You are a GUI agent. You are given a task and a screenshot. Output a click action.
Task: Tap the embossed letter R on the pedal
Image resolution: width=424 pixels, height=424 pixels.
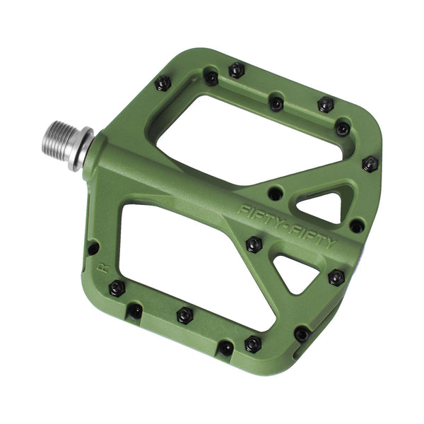(x=103, y=268)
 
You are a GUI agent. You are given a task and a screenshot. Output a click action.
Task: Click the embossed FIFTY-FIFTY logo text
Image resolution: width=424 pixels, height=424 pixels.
(x=287, y=225)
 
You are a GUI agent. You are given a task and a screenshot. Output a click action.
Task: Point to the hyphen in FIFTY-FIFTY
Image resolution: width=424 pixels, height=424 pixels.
(x=286, y=225)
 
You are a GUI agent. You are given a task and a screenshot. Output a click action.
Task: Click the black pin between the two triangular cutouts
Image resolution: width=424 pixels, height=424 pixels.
(x=253, y=244)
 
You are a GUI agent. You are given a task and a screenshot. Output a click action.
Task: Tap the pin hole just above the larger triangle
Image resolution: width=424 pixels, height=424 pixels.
(x=276, y=192)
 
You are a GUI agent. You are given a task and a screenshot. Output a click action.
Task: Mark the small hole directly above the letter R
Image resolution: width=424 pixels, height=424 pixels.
(x=93, y=248)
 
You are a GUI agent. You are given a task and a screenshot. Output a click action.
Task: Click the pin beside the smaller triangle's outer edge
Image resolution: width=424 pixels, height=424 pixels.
(x=336, y=276)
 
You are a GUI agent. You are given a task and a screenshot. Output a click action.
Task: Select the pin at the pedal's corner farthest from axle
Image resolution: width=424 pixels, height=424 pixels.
(x=370, y=164)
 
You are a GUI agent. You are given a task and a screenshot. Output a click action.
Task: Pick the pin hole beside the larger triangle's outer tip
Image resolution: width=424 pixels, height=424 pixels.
(x=357, y=225)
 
